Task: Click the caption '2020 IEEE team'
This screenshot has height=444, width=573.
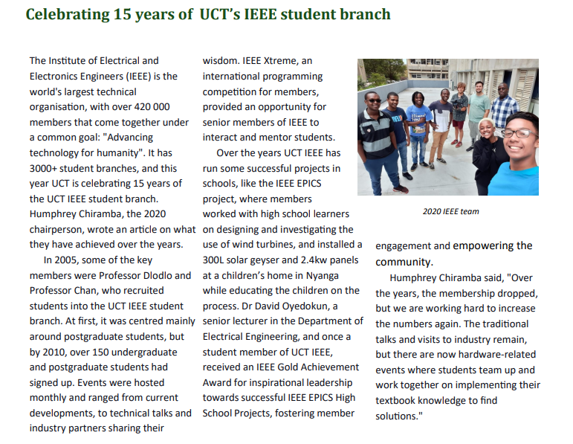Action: pos(450,211)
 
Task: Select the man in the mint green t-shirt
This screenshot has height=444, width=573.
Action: pos(479,108)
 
